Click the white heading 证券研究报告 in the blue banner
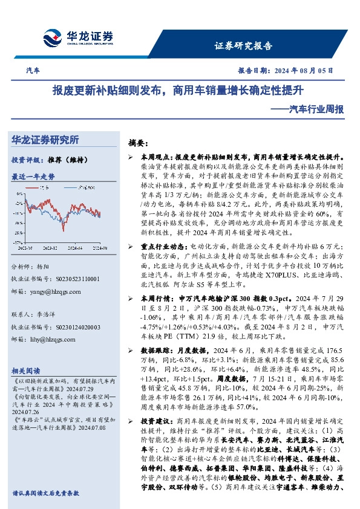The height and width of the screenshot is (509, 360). coord(244,46)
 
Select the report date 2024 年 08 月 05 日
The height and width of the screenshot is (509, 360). coord(299,71)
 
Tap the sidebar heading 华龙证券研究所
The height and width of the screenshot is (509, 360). coord(46,140)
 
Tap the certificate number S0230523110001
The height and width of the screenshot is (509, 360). coord(73,279)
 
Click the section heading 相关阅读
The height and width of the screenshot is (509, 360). coord(27,371)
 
